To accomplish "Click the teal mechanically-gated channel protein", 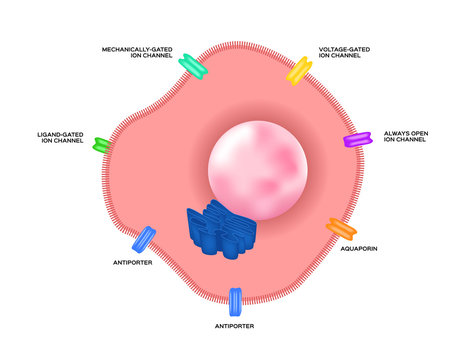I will [x=192, y=67].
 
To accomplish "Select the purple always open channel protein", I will [x=356, y=139].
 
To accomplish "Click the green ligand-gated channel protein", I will [x=101, y=144].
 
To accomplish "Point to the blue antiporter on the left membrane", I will [x=145, y=239].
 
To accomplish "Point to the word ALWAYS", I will [x=397, y=132].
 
